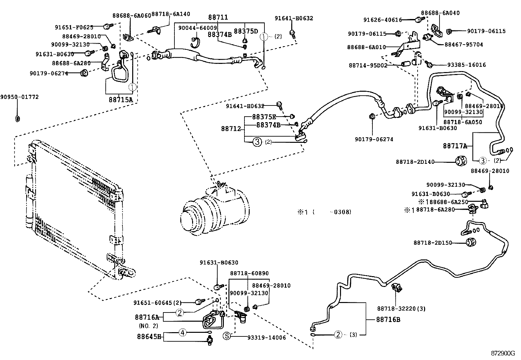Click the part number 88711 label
coord(218,17)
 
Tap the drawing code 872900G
coord(503,353)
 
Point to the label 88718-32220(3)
coord(401,309)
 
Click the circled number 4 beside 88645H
coord(183,333)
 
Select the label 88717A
coord(455,146)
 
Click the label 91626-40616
coord(382,20)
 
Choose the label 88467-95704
coord(464,44)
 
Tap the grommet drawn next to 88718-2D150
coord(471,243)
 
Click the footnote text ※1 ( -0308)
coord(324,212)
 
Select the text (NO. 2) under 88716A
coord(148,326)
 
